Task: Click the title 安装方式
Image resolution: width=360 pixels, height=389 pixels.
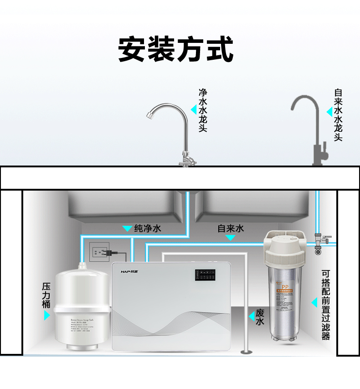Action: pyautogui.click(x=176, y=49)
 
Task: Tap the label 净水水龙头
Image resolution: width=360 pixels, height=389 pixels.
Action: pyautogui.click(x=203, y=110)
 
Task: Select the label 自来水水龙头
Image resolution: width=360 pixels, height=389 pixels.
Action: pyautogui.click(x=338, y=114)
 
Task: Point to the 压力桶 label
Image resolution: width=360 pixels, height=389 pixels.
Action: pyautogui.click(x=46, y=295)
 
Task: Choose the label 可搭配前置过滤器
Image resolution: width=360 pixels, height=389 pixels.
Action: pyautogui.click(x=325, y=305)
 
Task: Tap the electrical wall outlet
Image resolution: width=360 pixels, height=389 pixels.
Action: pyautogui.click(x=98, y=250)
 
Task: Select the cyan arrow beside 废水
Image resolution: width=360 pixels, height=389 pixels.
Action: pyautogui.click(x=251, y=316)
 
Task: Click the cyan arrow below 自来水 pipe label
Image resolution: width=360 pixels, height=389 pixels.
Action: pyautogui.click(x=231, y=238)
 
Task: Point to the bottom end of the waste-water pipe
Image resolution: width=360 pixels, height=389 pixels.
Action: pyautogui.click(x=246, y=351)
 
